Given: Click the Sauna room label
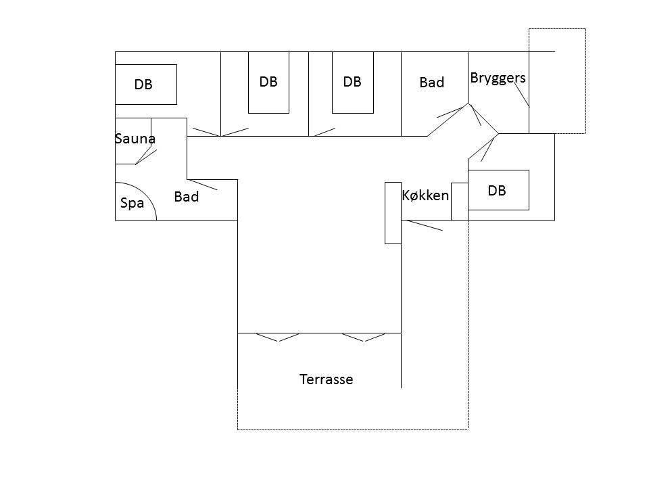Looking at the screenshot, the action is click(x=135, y=139).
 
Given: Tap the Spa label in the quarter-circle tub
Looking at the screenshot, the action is click(x=132, y=203).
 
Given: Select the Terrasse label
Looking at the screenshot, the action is click(x=326, y=379).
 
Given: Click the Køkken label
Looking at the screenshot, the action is click(x=425, y=195).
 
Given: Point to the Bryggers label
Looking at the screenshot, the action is click(x=498, y=78).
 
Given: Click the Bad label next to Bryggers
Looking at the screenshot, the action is click(x=432, y=83).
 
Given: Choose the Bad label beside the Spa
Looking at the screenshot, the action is click(x=187, y=197).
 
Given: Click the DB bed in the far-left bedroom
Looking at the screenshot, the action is click(x=146, y=85).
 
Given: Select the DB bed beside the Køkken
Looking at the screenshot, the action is click(x=498, y=190).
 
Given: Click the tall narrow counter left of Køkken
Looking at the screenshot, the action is click(x=393, y=213).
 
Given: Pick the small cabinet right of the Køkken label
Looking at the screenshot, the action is click(x=460, y=202).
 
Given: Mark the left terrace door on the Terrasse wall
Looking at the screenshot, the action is click(x=278, y=338).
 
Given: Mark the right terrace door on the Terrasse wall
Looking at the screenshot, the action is click(x=364, y=338).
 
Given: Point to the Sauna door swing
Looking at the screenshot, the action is click(x=146, y=157).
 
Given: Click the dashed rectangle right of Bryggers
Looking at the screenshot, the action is click(x=557, y=81).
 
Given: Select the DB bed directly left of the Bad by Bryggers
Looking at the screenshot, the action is click(x=353, y=83).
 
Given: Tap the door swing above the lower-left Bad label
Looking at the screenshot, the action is click(x=203, y=185).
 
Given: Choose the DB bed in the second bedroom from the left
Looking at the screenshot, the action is click(x=268, y=83).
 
